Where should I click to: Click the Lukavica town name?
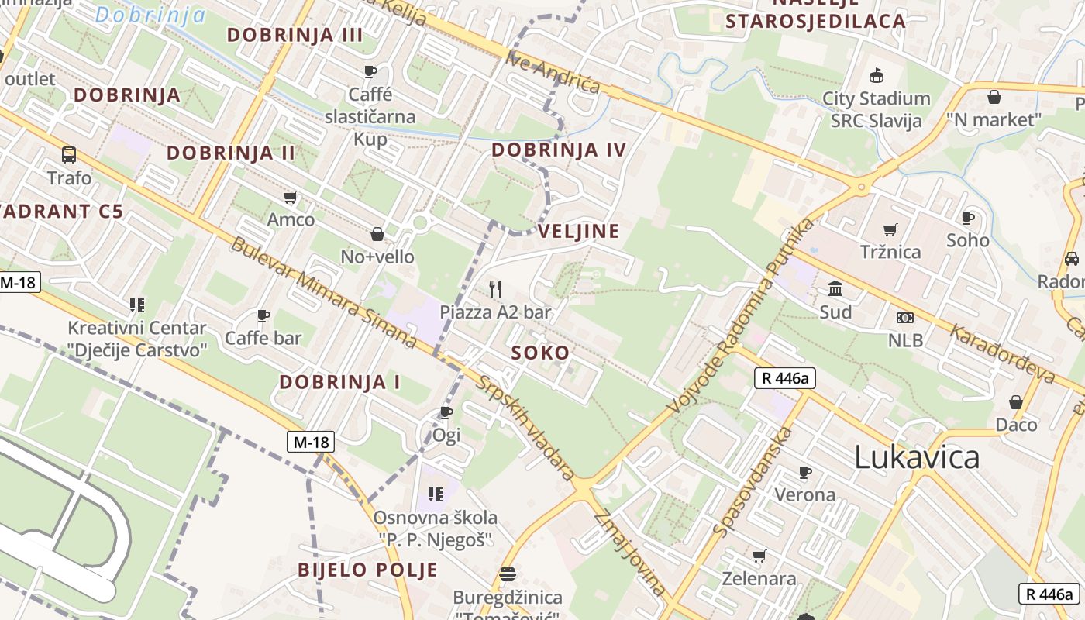click(917, 457)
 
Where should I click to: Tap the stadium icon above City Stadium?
click(876, 75)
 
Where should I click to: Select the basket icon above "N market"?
click(994, 97)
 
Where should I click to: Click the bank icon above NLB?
click(904, 317)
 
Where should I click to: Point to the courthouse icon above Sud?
click(836, 290)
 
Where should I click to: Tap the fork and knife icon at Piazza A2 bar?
click(495, 289)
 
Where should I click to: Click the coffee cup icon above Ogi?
click(446, 412)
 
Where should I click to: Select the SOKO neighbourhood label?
click(540, 353)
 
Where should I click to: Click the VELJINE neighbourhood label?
click(579, 231)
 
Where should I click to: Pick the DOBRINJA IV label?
click(558, 150)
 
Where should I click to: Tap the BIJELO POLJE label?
click(367, 570)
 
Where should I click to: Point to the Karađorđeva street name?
click(1003, 353)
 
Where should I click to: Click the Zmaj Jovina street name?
click(630, 553)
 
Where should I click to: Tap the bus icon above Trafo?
click(69, 155)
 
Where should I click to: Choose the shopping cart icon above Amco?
click(291, 198)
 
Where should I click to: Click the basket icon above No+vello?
click(377, 234)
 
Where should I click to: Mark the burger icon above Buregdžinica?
click(508, 574)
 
